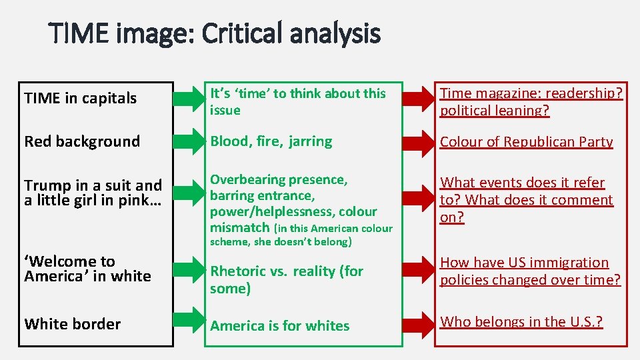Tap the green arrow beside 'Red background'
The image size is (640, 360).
189,141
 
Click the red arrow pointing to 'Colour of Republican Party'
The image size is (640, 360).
419,141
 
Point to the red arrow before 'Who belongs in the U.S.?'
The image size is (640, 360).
419,323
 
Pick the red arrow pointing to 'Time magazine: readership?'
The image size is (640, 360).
419,100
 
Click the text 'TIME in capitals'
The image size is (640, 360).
80,99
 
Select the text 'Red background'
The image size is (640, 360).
82,141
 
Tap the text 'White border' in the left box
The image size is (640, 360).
73,324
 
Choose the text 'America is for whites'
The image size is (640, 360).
279,326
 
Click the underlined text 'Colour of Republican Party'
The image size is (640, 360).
526,142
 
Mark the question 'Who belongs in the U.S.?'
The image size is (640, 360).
521,322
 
